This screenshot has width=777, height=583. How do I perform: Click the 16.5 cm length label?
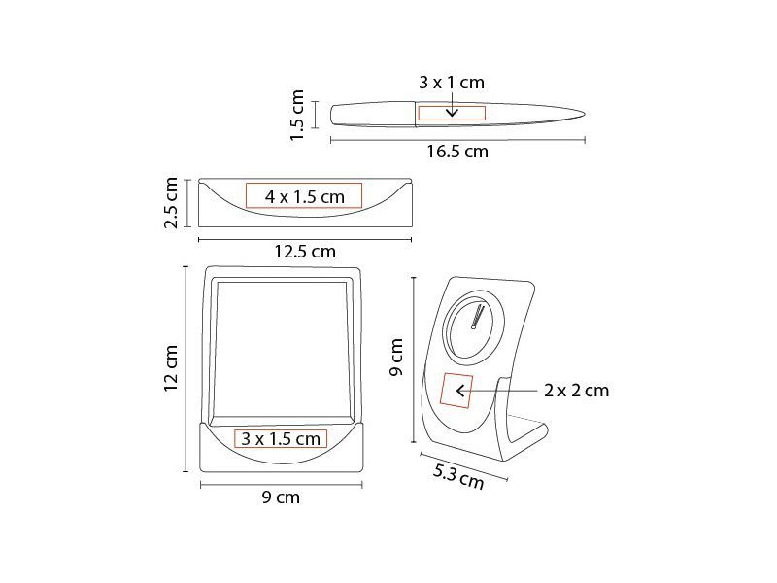(x=457, y=152)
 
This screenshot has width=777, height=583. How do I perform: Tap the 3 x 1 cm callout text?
(x=452, y=83)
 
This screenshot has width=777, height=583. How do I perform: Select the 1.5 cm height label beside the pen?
(x=296, y=115)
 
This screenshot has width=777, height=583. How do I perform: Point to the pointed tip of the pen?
(x=585, y=115)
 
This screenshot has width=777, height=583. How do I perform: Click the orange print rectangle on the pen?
(x=452, y=113)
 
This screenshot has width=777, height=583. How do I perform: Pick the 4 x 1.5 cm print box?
(x=304, y=196)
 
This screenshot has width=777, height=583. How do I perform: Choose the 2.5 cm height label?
(x=171, y=203)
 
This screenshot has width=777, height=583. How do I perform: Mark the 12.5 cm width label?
(x=305, y=252)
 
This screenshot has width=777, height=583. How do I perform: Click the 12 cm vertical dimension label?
(x=171, y=368)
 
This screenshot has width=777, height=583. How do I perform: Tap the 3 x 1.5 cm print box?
(x=281, y=439)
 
